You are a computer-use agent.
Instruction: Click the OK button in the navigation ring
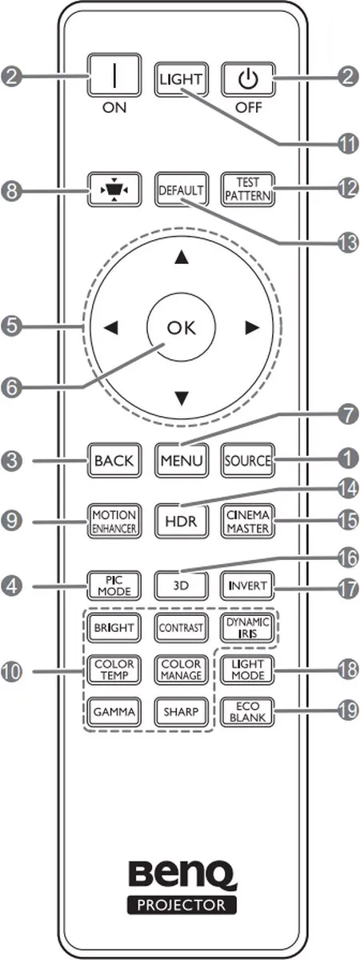(x=182, y=327)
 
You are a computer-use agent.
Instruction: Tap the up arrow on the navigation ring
(x=182, y=257)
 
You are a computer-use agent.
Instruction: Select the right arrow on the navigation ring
(x=253, y=328)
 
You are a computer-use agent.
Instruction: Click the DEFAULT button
(x=182, y=190)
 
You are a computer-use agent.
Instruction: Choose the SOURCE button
(x=248, y=460)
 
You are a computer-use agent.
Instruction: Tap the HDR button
(x=182, y=521)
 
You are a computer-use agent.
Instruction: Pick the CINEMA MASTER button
(x=248, y=521)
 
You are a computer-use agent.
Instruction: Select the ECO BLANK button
(x=248, y=711)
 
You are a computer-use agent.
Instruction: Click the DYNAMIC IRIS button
(x=248, y=627)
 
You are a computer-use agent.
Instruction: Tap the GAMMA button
(x=114, y=711)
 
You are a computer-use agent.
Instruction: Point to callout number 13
(x=346, y=243)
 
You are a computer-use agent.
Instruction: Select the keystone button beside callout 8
(x=114, y=190)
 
